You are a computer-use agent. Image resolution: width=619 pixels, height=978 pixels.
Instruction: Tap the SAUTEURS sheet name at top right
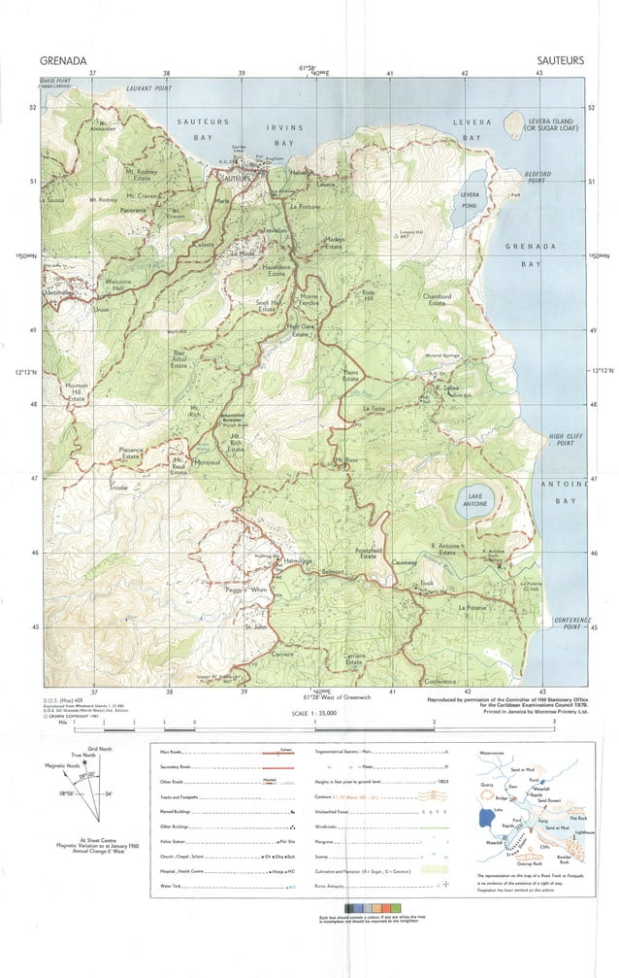tap(560, 60)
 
